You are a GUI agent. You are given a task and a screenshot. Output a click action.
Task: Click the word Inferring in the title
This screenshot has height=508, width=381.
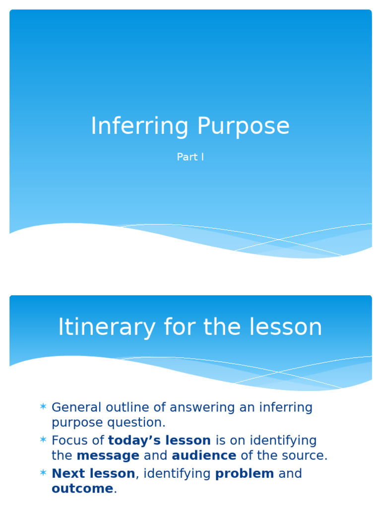139,127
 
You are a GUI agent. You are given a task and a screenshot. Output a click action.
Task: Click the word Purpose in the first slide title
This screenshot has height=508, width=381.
243,127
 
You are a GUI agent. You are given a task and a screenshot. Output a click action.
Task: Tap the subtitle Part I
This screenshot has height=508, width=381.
190,157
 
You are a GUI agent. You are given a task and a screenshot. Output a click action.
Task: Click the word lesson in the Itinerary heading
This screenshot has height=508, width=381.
284,328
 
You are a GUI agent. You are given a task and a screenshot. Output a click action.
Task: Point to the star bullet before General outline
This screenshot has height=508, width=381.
43,407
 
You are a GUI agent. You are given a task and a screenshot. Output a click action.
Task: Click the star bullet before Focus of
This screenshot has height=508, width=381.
43,440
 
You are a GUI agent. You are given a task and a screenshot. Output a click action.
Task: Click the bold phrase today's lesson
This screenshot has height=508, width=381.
159,441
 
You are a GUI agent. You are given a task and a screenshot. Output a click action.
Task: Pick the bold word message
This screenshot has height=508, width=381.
108,455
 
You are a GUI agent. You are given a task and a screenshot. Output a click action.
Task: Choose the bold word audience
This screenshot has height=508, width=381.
204,455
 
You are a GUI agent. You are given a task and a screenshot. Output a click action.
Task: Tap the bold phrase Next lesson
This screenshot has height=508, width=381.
93,473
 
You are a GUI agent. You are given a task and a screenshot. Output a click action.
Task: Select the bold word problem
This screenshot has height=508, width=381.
244,474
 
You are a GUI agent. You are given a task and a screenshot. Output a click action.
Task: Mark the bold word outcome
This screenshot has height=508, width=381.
82,489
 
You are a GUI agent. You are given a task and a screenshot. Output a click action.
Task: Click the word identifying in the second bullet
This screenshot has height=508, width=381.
283,441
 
